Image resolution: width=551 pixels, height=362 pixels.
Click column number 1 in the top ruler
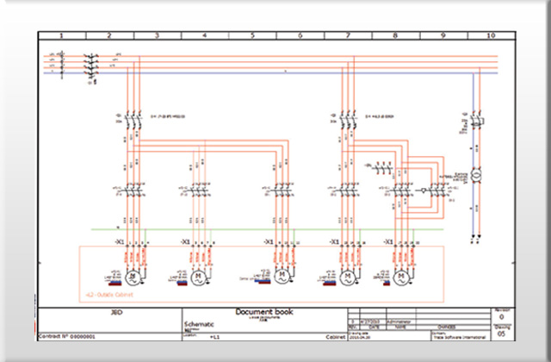point(62,35)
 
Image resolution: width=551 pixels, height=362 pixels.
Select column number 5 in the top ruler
point(252,35)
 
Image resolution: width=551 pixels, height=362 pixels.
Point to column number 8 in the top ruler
point(395,35)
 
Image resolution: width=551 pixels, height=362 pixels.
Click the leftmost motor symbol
point(133,277)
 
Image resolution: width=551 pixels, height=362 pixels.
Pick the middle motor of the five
point(280,277)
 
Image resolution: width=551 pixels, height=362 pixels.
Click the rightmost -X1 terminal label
point(388,242)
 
